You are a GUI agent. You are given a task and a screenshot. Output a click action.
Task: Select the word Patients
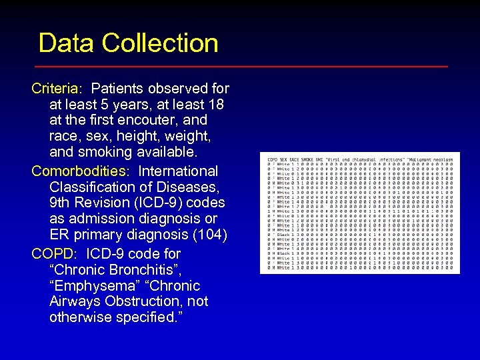coord(118,89)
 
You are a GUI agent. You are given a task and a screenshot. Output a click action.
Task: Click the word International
coord(178,171)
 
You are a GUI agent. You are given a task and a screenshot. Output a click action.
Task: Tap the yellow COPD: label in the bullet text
coord(55,254)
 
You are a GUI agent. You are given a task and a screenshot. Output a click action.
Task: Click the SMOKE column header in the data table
coord(307,160)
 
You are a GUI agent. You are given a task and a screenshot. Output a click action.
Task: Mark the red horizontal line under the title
coord(240,67)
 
